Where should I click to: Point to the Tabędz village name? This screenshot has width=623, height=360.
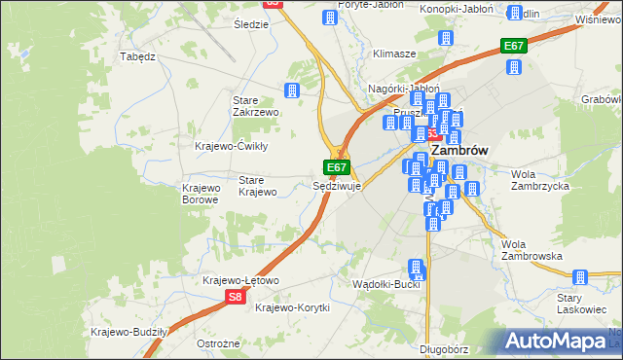[x=137, y=56]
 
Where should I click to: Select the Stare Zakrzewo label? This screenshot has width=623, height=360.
[x=256, y=106]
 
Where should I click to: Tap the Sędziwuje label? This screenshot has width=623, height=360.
[x=337, y=186]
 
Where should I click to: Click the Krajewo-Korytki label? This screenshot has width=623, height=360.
[x=292, y=307]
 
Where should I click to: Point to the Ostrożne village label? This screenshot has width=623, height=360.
[x=218, y=344]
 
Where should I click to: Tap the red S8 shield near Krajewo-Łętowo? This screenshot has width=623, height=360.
[x=235, y=297]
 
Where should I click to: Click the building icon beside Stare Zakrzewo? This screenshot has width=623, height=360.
[x=291, y=90]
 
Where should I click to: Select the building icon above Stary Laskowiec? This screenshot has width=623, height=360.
[x=581, y=276]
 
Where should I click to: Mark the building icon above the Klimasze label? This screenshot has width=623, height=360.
[x=447, y=39]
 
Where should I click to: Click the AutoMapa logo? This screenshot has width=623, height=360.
[x=556, y=342]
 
